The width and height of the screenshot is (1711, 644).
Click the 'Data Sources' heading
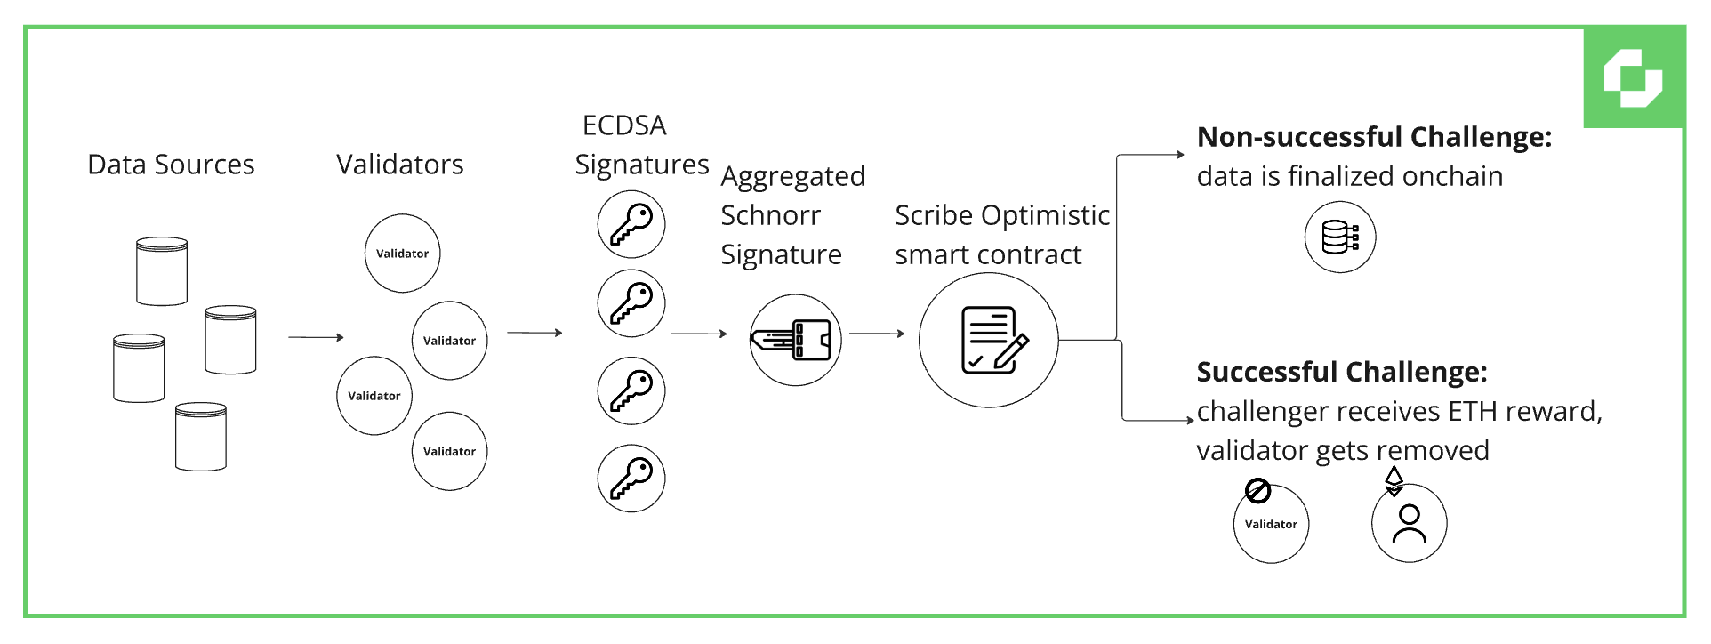(171, 165)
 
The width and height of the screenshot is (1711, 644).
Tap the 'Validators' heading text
(399, 165)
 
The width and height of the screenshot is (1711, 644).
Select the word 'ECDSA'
(623, 125)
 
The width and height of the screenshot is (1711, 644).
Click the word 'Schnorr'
(770, 215)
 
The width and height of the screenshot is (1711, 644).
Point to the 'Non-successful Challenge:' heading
(1374, 137)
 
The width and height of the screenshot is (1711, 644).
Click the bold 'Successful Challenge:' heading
(1341, 372)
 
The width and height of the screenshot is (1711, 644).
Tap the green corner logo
(1633, 78)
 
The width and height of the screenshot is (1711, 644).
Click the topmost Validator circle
(402, 254)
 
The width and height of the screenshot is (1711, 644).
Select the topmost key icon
(631, 223)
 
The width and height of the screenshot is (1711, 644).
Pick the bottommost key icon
(631, 479)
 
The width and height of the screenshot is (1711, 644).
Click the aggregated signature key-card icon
(795, 340)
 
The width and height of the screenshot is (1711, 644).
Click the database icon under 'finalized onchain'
(1340, 237)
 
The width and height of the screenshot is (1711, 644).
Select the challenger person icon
(1409, 524)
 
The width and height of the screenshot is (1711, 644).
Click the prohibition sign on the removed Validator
(1257, 490)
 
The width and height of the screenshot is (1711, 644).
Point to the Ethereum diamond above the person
(1394, 480)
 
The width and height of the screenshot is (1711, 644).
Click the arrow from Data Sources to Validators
(316, 337)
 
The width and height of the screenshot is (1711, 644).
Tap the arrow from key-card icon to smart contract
(876, 334)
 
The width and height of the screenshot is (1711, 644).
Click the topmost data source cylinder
(162, 271)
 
